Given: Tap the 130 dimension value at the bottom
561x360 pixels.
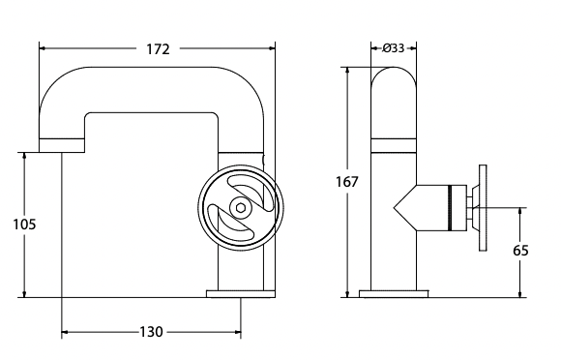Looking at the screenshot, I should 151,332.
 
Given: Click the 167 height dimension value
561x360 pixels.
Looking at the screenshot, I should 348,182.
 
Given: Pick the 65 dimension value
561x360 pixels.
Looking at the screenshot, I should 520,251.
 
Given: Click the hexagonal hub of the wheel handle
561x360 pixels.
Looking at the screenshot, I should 238,206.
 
